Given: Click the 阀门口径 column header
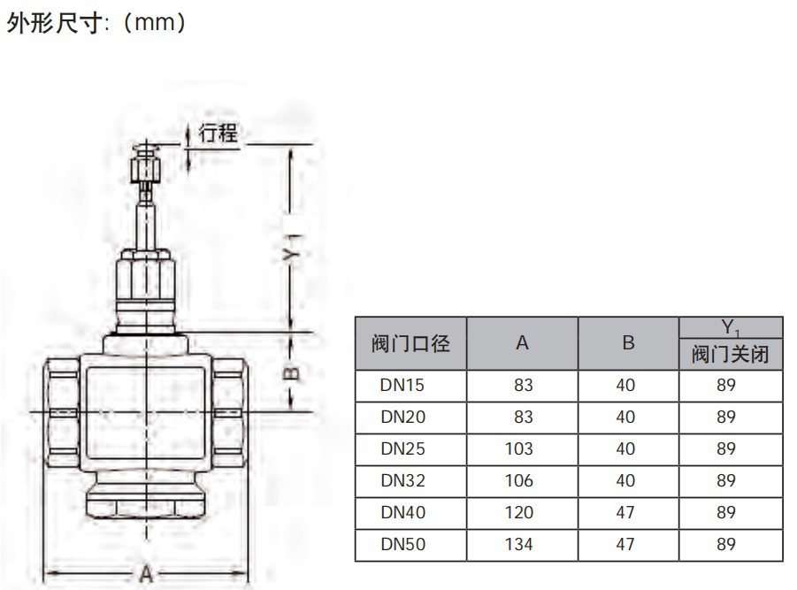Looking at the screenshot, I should (410, 343).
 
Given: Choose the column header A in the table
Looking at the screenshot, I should (522, 343).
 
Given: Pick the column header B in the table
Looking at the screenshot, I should (628, 343).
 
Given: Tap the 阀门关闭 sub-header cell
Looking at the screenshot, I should (730, 355).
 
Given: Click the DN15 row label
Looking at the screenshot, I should (402, 385).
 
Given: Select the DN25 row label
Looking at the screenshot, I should (402, 448).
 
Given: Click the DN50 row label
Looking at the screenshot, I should (402, 544).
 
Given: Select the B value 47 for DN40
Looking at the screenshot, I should (625, 512).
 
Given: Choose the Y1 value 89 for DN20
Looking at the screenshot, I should (726, 417).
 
